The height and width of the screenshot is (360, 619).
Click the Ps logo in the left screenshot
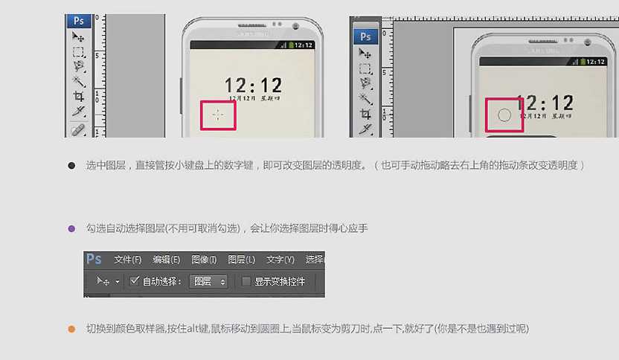[x=78, y=21]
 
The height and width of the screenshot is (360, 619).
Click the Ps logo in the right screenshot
[x=365, y=36]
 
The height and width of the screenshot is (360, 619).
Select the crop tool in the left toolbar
[x=78, y=96]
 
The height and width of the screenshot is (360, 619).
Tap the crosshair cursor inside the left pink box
[x=217, y=115]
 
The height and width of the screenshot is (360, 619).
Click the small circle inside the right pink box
[x=504, y=115]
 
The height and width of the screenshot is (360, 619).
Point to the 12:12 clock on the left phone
[x=254, y=85]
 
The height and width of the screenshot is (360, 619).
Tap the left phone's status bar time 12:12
[x=304, y=45]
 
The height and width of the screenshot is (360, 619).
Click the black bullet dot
[x=71, y=165]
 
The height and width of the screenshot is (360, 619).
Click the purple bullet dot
[x=71, y=228]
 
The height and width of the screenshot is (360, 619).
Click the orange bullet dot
[x=71, y=329]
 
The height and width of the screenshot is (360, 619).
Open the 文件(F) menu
[x=127, y=260]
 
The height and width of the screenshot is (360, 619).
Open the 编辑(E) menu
[x=166, y=260]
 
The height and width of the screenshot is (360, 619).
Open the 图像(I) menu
[x=204, y=260]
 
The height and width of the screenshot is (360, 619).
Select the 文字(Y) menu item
[x=280, y=260]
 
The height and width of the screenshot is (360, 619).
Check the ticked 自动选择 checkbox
[x=135, y=282]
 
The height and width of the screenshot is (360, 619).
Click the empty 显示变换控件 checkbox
[x=246, y=282]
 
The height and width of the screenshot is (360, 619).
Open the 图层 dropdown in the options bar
[x=209, y=282]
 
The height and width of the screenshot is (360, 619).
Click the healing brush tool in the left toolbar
[x=78, y=129]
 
